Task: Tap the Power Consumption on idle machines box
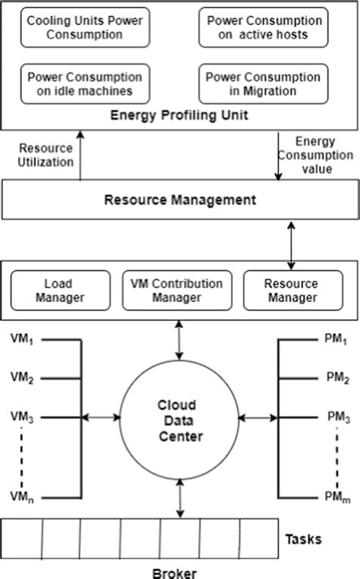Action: pos(84,83)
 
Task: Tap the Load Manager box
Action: pos(58,291)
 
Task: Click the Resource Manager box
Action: pos(292,291)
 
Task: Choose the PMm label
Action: pos(337,496)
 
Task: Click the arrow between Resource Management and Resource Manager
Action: pos(291,242)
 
